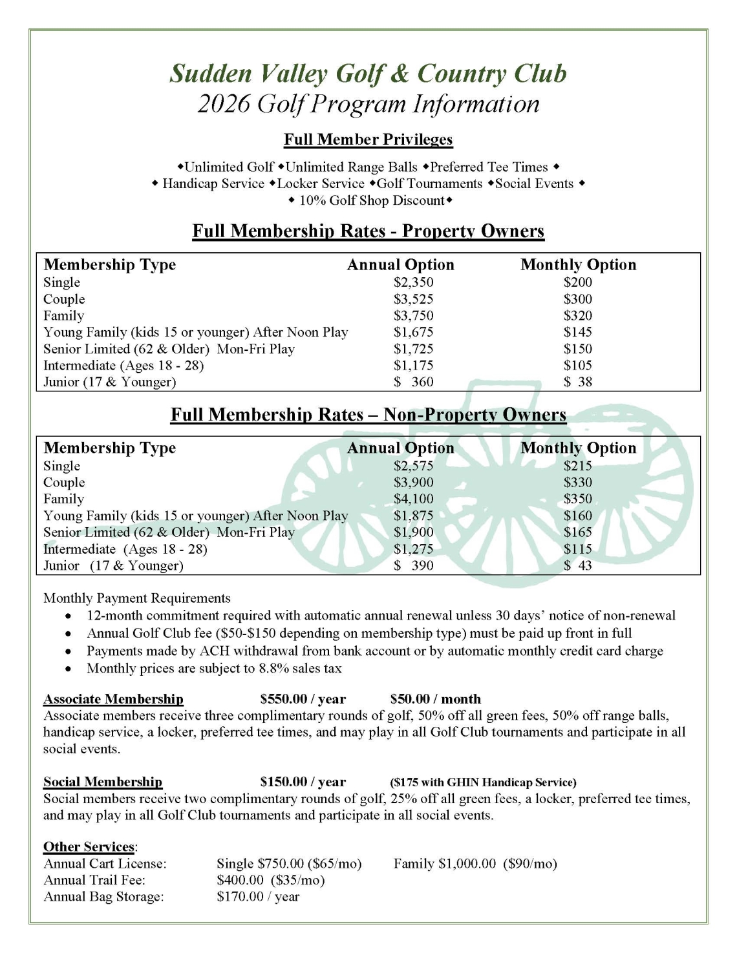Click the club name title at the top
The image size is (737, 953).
tap(368, 74)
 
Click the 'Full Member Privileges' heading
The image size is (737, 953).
tap(368, 140)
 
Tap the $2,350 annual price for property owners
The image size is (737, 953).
tap(413, 282)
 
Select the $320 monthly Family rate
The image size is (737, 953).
tap(577, 316)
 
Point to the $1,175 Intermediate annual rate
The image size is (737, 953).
tap(413, 366)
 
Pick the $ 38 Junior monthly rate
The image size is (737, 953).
tap(577, 382)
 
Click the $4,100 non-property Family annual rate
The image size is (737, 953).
tap(413, 499)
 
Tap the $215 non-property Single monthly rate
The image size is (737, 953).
tap(577, 466)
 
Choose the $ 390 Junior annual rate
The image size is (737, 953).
tap(413, 566)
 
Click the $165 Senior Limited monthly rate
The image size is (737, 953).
tap(577, 532)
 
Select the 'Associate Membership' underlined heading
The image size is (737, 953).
tap(113, 699)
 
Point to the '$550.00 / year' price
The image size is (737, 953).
tap(303, 699)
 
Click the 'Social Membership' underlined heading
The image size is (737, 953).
tap(103, 782)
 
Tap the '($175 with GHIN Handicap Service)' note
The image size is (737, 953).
tap(483, 782)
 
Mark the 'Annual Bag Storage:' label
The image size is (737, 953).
tap(103, 897)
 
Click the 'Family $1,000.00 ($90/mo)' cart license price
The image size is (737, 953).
tap(475, 864)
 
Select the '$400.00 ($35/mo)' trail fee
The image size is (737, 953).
tap(270, 880)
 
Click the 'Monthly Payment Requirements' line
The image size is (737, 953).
tap(137, 598)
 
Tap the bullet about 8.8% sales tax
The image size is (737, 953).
tap(214, 669)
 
